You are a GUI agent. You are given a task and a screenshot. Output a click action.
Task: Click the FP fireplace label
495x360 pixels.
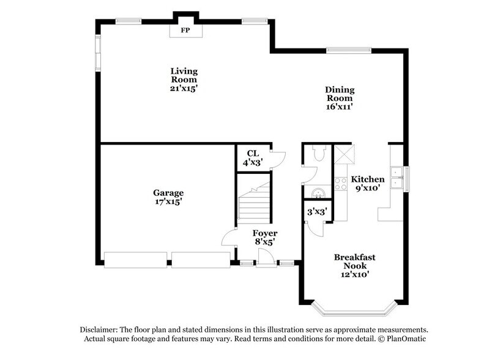[x=184, y=29]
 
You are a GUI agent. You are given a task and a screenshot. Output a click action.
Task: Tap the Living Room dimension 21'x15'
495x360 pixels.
[x=184, y=88]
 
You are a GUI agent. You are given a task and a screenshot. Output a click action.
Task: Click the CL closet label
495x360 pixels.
[x=253, y=153]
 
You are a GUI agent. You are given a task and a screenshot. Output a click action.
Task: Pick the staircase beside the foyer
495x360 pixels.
[x=254, y=200]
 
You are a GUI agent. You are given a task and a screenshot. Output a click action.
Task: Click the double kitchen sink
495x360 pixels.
[x=396, y=176]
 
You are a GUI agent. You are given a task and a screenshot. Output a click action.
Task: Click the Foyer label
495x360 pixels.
[x=265, y=233]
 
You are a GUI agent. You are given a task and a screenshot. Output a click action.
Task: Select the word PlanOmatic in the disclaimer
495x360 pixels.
[x=405, y=339]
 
